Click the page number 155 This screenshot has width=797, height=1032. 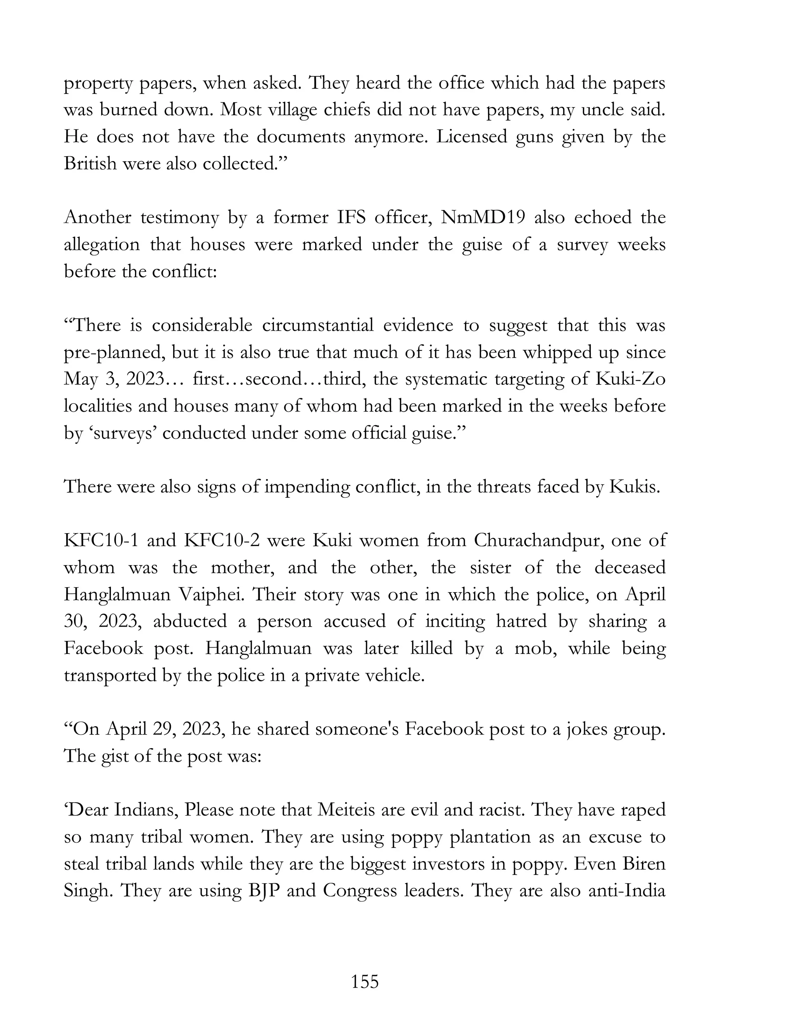tap(365, 982)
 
